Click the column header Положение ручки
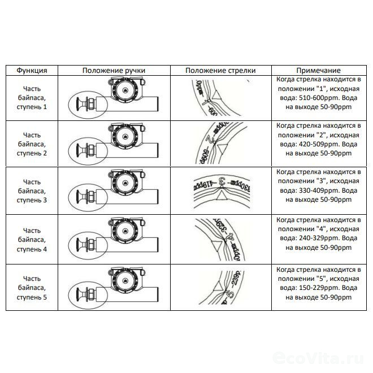pyautogui.click(x=114, y=71)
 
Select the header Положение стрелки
pyautogui.click(x=220, y=71)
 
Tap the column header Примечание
pyautogui.click(x=319, y=71)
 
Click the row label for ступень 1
pyautogui.click(x=32, y=98)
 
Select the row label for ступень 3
pyautogui.click(x=32, y=191)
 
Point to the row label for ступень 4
pyautogui.click(x=32, y=240)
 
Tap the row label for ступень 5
pyautogui.click(x=32, y=287)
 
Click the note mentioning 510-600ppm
pyautogui.click(x=319, y=97)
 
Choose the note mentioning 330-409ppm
pyautogui.click(x=319, y=191)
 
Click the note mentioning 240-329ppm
pyautogui.click(x=319, y=240)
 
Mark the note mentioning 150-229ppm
pyautogui.click(x=319, y=287)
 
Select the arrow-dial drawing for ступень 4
pyautogui.click(x=220, y=240)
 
